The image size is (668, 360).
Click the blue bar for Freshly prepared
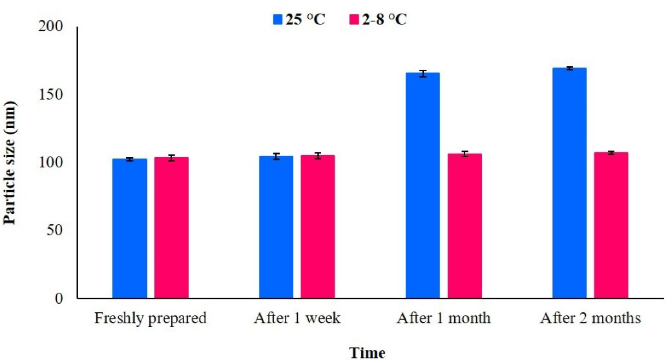pyautogui.click(x=129, y=229)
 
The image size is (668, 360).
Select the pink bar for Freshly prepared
pyautogui.click(x=171, y=228)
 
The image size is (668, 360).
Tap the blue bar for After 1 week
pyautogui.click(x=276, y=228)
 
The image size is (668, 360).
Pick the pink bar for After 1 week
pyautogui.click(x=317, y=227)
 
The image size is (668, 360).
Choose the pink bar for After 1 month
pyautogui.click(x=464, y=226)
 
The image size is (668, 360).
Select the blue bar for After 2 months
pyautogui.click(x=569, y=184)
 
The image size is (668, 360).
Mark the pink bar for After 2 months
pyautogui.click(x=611, y=226)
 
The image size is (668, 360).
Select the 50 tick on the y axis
pyautogui.click(x=57, y=231)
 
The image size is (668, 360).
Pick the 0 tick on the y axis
pyautogui.click(x=61, y=299)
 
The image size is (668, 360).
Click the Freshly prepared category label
pyautogui.click(x=150, y=318)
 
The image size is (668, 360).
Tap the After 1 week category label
pyautogui.click(x=297, y=318)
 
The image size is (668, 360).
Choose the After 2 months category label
pyautogui.click(x=590, y=318)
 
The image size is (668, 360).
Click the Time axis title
pyautogui.click(x=367, y=352)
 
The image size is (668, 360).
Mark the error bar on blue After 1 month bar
pyautogui.click(x=423, y=74)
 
